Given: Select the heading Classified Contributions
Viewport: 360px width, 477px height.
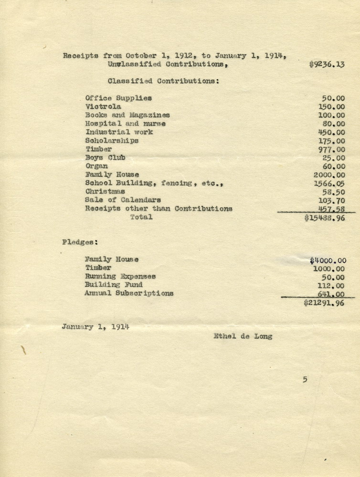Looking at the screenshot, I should point(163,81).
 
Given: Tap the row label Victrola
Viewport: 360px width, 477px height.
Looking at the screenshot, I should point(103,107).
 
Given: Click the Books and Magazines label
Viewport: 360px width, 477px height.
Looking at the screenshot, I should point(127,115).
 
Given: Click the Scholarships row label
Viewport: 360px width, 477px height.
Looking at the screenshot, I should point(112,141).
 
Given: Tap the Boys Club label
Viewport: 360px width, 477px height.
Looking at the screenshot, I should point(105,158).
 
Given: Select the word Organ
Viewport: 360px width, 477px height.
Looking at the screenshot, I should point(96,166).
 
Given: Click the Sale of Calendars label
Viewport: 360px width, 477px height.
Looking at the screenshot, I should point(123,200).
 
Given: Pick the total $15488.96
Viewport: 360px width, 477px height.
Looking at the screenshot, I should point(324,218).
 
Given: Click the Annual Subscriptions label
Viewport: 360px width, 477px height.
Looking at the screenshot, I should point(129,294).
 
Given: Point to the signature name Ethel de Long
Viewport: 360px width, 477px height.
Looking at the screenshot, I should point(243,336).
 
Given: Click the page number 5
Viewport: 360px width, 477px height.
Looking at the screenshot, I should point(304,380).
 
